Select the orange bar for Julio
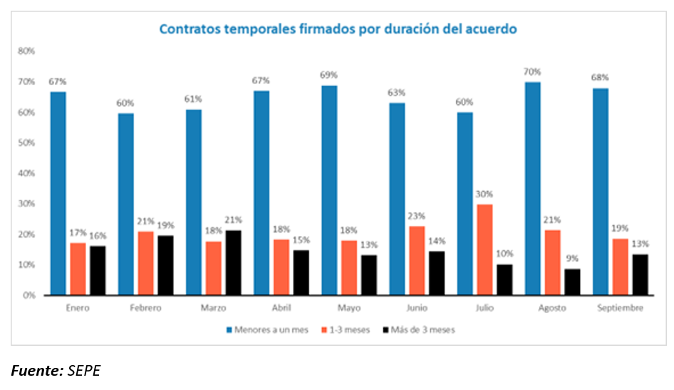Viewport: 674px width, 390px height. (484, 250)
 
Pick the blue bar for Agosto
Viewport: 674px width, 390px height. (533, 188)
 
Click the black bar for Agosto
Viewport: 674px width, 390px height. (571, 282)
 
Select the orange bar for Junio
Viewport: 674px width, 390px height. (417, 260)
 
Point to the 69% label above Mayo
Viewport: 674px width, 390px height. (329, 75)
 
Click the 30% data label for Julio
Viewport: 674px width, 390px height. (484, 194)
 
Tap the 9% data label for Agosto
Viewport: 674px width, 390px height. (571, 258)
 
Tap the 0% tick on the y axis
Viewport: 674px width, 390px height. (28, 295)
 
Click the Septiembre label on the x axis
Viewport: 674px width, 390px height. (621, 308)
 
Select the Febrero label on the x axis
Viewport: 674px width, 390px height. (145, 308)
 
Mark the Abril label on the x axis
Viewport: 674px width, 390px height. (281, 308)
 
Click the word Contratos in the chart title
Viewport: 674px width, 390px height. (187, 29)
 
